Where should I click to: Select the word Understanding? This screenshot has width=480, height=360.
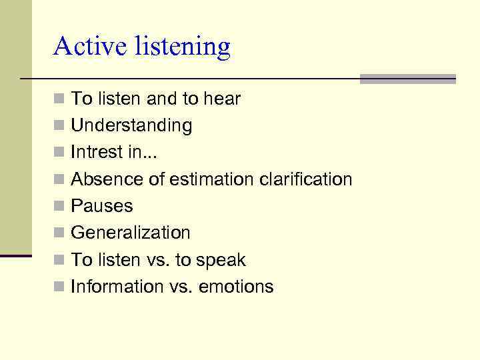click(131, 126)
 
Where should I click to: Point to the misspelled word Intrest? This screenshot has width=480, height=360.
click(97, 153)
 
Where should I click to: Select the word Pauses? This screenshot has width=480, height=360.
click(102, 206)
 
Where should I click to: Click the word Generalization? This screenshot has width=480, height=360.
click(131, 233)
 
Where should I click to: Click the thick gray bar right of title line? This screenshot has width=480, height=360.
click(407, 79)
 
